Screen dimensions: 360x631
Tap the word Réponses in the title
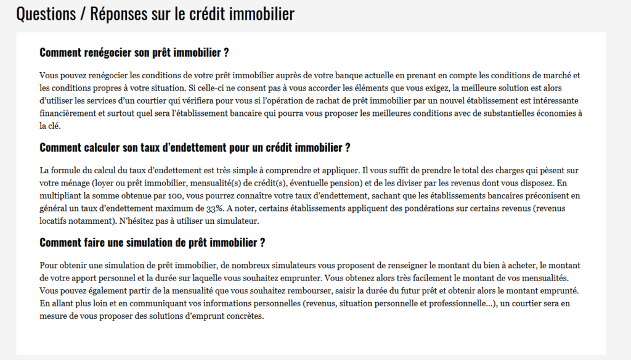pos(117,14)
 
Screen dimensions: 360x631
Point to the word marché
pos(558,76)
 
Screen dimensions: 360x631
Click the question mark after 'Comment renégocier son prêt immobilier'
pos(226,52)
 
